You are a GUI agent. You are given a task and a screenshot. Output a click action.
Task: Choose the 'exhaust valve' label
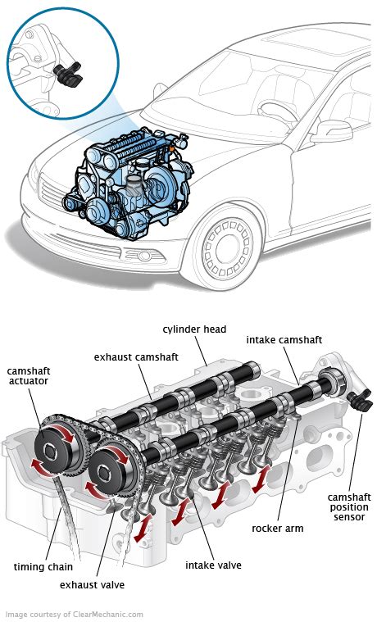98,584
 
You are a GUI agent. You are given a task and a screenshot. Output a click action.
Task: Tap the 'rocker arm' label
277,529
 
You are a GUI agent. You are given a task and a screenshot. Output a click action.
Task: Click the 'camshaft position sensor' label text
349,509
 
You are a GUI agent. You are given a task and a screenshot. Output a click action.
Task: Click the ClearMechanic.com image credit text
74,614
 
